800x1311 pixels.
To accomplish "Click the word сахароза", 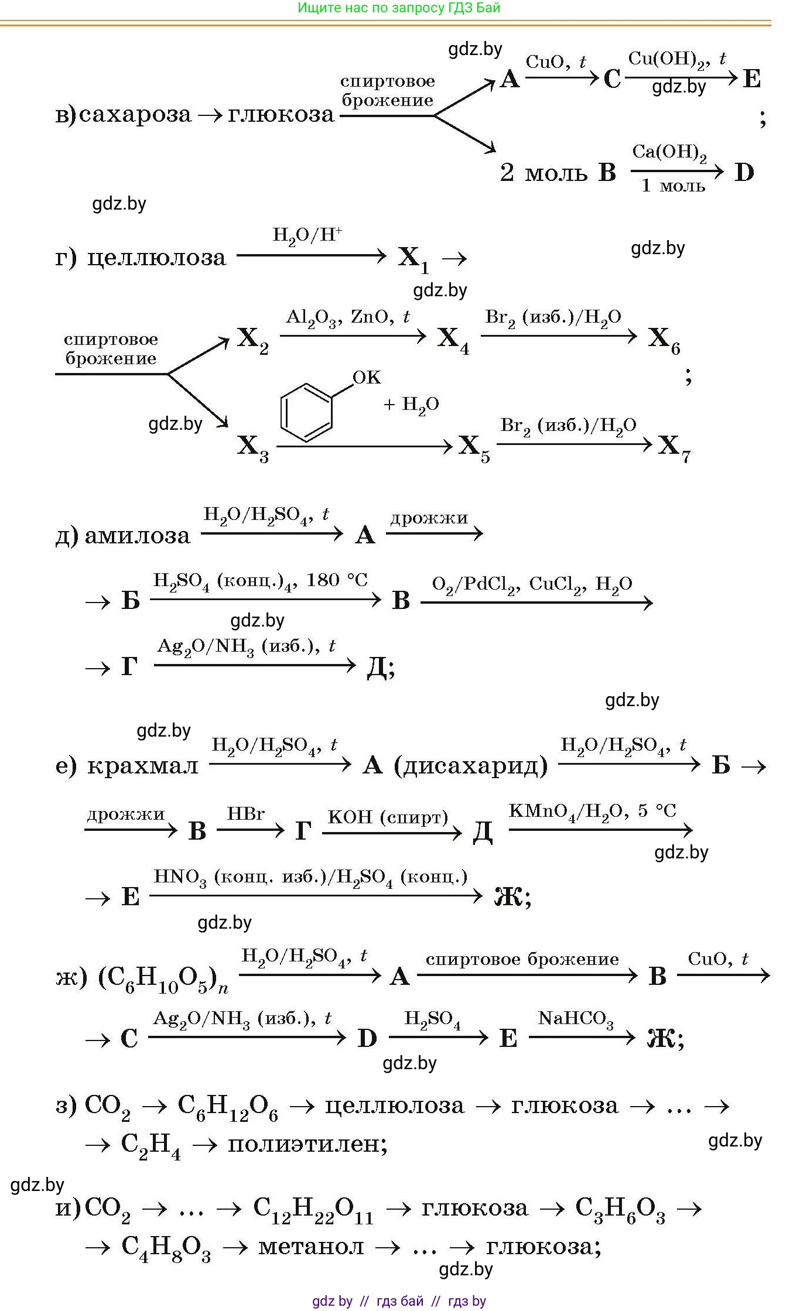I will (135, 114).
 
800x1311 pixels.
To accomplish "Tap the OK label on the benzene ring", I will (367, 378).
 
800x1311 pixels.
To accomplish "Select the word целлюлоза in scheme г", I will (156, 258).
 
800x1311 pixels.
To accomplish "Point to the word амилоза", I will (138, 536).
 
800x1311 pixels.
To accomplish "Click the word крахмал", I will (142, 766).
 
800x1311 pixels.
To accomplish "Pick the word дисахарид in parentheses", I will (471, 766).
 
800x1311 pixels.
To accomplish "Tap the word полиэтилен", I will (307, 1143).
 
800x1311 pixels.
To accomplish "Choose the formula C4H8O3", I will (166, 1247).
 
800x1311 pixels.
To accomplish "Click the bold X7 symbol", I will (674, 447).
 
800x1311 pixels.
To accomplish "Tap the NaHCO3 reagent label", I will (576, 1019).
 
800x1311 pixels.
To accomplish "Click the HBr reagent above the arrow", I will (246, 814).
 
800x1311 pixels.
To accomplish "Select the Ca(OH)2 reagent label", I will (669, 153).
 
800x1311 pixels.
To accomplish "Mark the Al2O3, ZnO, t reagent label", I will (348, 317).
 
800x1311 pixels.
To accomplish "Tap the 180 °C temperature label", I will (337, 580).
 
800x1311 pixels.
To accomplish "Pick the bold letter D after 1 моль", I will (744, 173).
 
